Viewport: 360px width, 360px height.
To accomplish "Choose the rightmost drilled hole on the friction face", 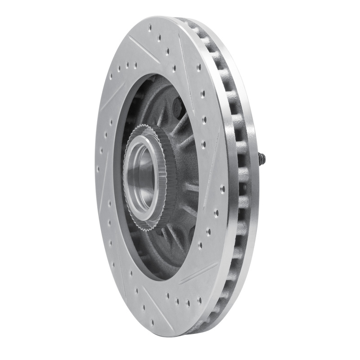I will [222, 189].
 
